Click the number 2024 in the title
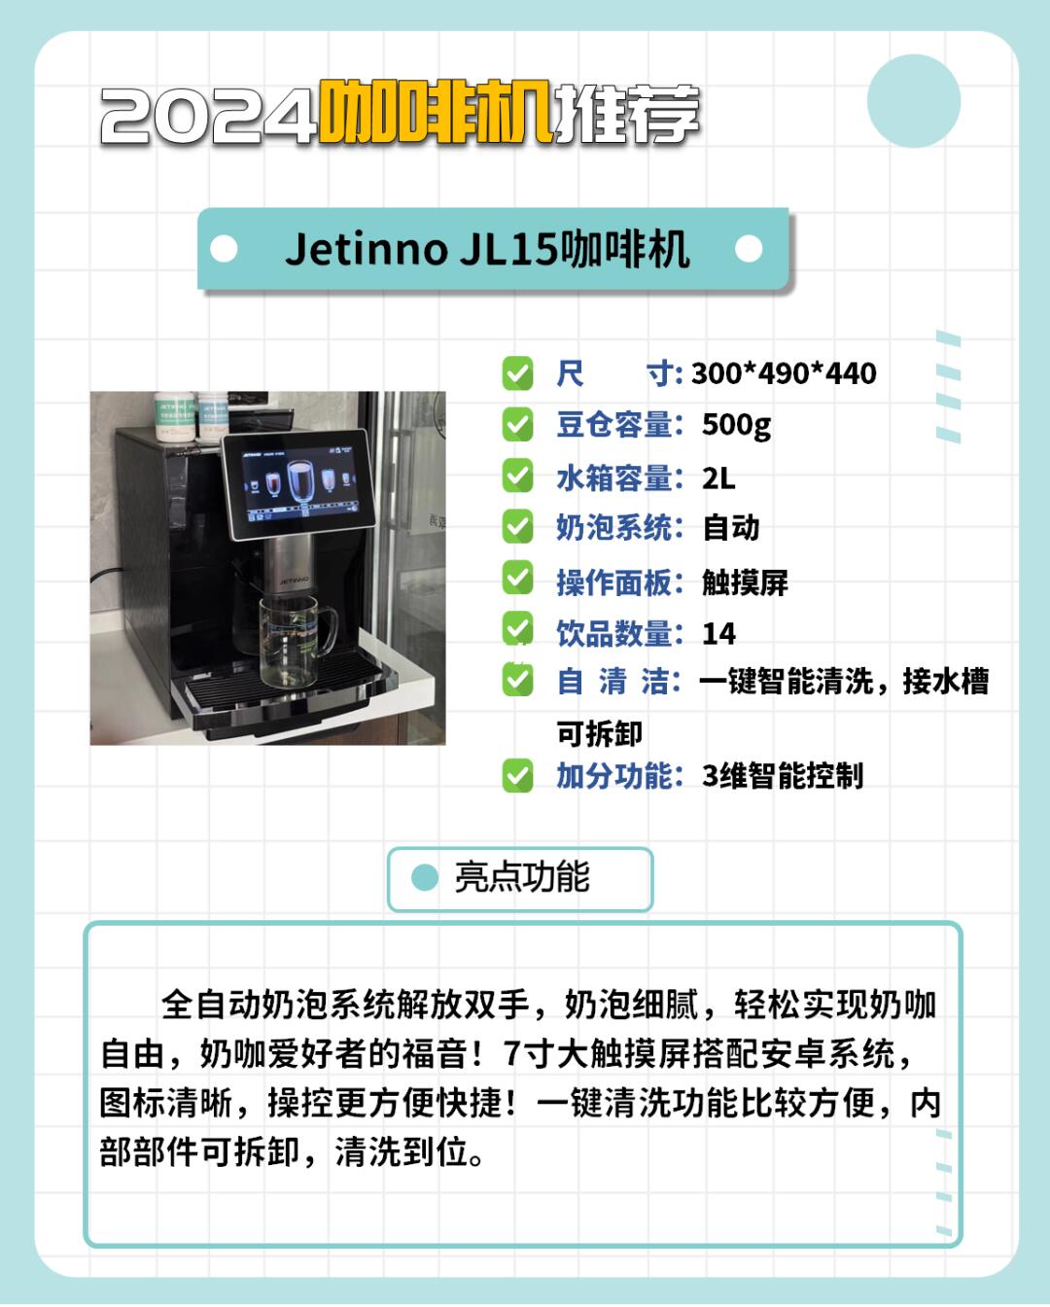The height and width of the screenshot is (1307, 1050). click(208, 116)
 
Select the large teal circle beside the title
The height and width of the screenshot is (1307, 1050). click(913, 101)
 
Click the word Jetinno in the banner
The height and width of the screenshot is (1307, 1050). click(367, 249)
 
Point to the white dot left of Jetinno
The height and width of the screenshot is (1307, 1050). click(224, 249)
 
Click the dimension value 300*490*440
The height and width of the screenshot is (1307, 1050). click(784, 372)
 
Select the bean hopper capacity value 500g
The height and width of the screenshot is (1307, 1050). click(736, 425)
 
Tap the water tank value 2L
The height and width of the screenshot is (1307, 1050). click(718, 478)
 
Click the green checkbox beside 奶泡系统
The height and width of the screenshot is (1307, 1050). click(517, 526)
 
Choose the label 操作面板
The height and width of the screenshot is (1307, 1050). click(614, 583)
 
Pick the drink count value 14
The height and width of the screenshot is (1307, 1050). click(718, 634)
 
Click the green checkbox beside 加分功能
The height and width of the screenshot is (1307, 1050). click(517, 776)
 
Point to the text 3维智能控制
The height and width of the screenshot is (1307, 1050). click(783, 776)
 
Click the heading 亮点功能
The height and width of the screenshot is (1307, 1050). click(522, 876)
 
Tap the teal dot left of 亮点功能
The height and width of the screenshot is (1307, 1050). click(425, 877)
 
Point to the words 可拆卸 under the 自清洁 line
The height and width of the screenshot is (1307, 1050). click(600, 733)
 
